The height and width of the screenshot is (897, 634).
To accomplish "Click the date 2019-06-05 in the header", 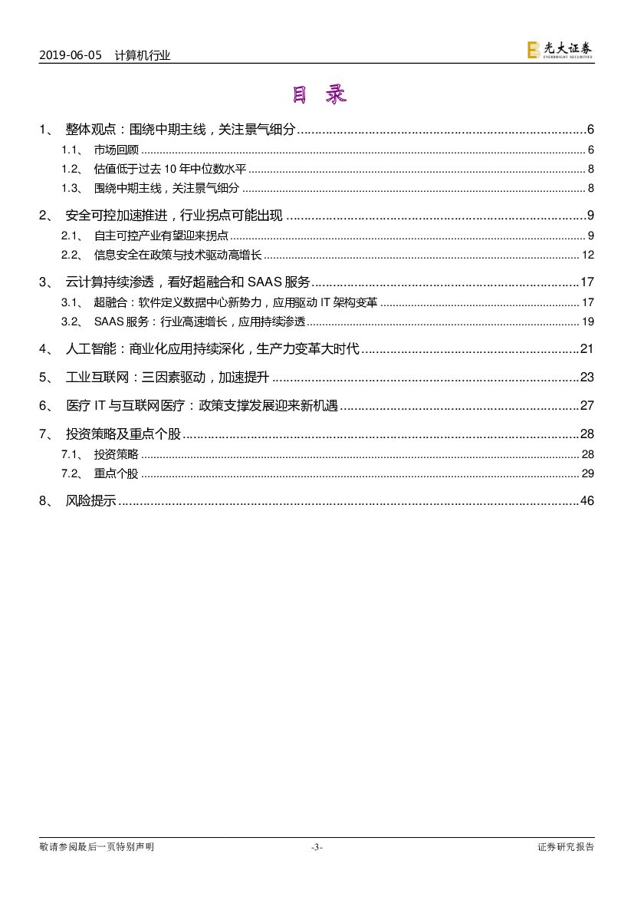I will [x=70, y=54].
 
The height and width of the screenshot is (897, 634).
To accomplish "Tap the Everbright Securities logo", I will [x=560, y=50].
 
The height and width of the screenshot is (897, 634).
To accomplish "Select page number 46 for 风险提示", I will [x=587, y=501].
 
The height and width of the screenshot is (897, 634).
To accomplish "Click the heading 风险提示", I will [x=91, y=501].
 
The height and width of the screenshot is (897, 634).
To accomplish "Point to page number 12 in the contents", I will [x=588, y=255].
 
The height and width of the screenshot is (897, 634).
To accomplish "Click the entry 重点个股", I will [x=117, y=473].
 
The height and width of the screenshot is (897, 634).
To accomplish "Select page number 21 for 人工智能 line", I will [x=587, y=349].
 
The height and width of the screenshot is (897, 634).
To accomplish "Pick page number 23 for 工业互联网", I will [x=587, y=377].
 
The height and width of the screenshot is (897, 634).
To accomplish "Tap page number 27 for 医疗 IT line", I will [x=587, y=405].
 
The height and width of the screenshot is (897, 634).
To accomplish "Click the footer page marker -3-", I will [x=317, y=847].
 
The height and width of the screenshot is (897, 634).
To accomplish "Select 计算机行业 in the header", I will [x=143, y=54].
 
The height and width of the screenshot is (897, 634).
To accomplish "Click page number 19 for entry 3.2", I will [x=588, y=322].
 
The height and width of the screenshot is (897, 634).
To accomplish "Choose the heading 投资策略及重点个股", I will [x=123, y=434].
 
